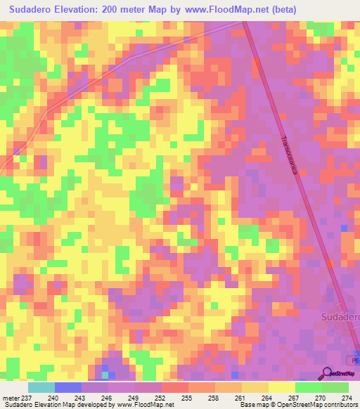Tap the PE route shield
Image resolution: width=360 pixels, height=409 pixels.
click(x=337, y=361)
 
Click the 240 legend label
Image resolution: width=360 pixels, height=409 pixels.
click(x=53, y=397)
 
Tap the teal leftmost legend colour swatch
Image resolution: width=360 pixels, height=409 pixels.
click(x=41, y=387)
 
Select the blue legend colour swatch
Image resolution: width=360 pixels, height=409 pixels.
click(x=68, y=387)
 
